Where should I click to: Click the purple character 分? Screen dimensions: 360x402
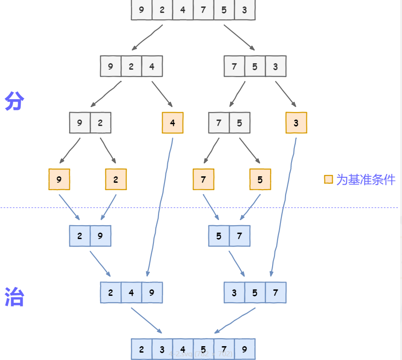point(14,101)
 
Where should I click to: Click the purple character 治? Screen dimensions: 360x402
point(14,297)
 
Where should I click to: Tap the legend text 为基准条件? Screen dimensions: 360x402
point(365,180)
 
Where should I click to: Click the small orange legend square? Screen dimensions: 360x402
point(329,179)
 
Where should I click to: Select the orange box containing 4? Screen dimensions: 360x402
point(173,123)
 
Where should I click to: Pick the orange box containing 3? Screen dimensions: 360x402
point(296,123)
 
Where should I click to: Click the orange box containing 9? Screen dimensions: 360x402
point(59,180)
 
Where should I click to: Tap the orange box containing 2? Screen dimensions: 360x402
point(116,180)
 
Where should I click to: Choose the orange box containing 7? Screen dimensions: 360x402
point(203,180)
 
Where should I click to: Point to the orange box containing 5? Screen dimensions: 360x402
point(260,180)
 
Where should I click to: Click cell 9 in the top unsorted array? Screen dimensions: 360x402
point(141,10)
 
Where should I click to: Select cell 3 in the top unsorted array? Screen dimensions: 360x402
point(244,10)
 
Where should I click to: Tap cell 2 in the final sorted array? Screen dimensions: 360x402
point(141,349)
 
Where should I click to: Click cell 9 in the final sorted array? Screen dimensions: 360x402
point(244,349)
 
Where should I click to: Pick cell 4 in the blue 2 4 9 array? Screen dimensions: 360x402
point(131,293)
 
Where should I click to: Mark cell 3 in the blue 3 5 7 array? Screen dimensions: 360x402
point(234,293)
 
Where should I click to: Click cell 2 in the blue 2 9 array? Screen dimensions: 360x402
point(79,236)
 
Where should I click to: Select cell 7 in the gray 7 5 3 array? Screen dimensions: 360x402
point(234,66)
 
